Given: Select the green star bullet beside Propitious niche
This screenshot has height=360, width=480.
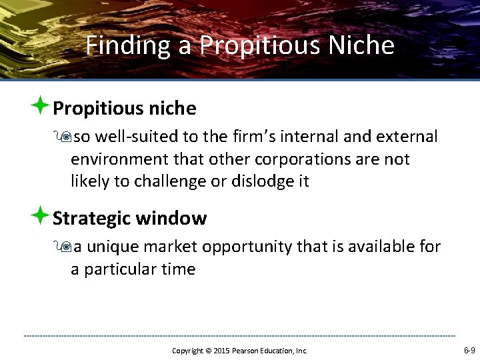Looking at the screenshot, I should click(x=41, y=106).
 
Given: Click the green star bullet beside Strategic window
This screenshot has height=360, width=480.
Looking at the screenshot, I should click(x=41, y=216).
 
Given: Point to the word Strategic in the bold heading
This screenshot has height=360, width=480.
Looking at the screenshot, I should click(x=91, y=218).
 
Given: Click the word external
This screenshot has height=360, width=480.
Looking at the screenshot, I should click(x=406, y=137).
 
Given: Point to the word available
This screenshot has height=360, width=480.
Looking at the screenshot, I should click(x=377, y=247).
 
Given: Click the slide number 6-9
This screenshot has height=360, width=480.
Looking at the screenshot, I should click(x=469, y=350).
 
